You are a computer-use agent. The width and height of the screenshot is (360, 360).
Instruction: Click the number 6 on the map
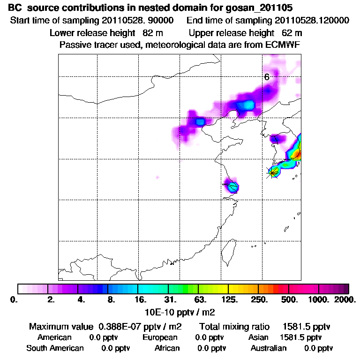coord(266,77)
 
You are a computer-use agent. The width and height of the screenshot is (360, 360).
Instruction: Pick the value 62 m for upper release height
coord(292,33)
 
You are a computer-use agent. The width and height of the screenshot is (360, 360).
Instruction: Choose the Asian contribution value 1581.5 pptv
coord(300,337)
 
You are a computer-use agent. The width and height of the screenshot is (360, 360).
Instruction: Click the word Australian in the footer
coord(269,348)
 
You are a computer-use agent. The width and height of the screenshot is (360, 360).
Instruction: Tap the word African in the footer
coord(167,348)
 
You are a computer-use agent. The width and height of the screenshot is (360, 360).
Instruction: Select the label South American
coord(55,348)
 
